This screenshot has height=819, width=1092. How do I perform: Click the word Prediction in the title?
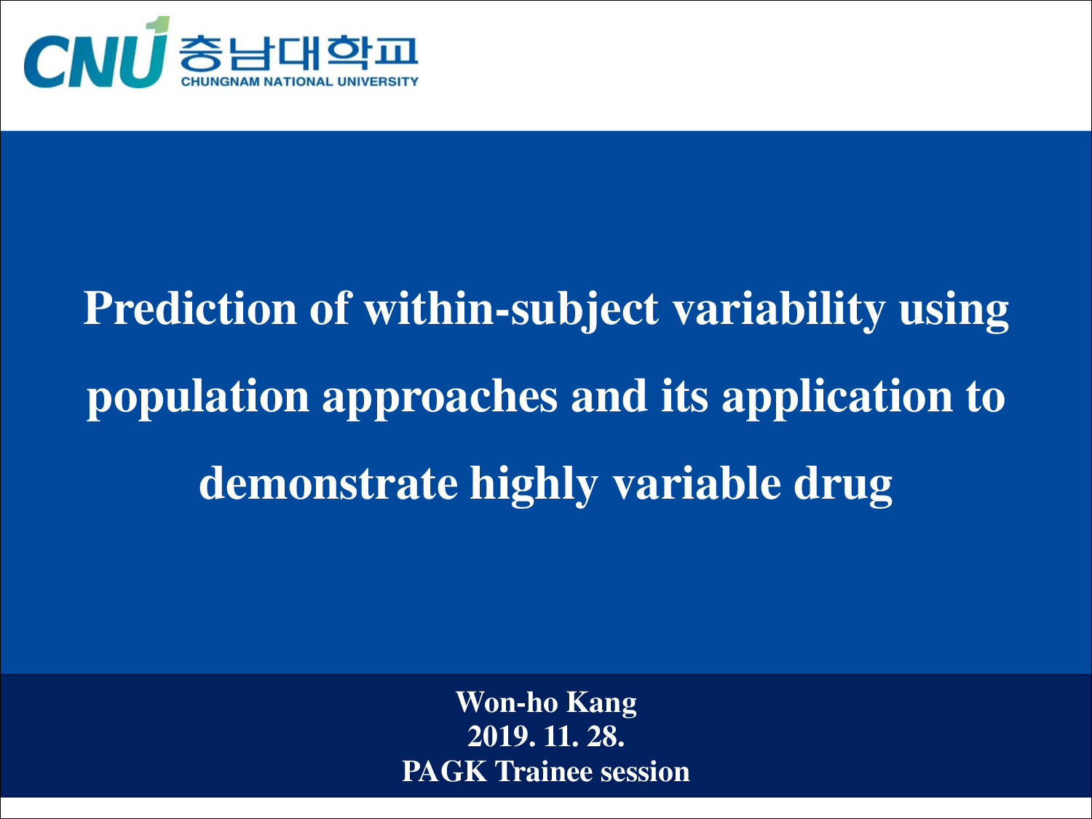(x=191, y=309)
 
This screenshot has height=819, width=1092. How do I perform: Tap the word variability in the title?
(x=778, y=309)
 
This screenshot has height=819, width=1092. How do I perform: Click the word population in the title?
(x=198, y=398)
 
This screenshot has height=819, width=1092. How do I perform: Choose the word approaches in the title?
(x=440, y=398)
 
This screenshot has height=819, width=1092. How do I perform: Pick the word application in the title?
(x=836, y=398)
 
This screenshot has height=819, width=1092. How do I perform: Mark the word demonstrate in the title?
(x=328, y=484)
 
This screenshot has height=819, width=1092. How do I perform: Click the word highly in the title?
(x=533, y=486)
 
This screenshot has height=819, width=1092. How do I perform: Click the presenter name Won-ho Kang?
(x=546, y=703)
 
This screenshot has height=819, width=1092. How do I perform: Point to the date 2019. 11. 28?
(x=546, y=737)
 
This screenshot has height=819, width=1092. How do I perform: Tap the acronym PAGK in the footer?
(x=444, y=772)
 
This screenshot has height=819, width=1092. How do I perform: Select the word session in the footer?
(x=644, y=772)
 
